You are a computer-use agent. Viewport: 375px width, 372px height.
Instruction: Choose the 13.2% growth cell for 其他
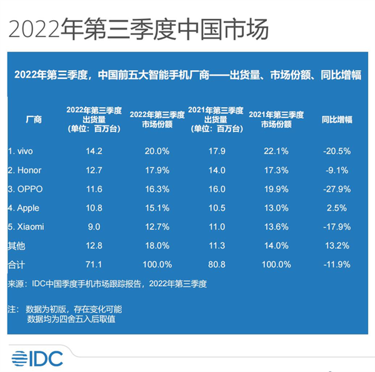click(337, 245)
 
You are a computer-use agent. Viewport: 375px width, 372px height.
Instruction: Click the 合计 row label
click(17, 265)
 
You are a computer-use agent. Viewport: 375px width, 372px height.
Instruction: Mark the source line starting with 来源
click(106, 284)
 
